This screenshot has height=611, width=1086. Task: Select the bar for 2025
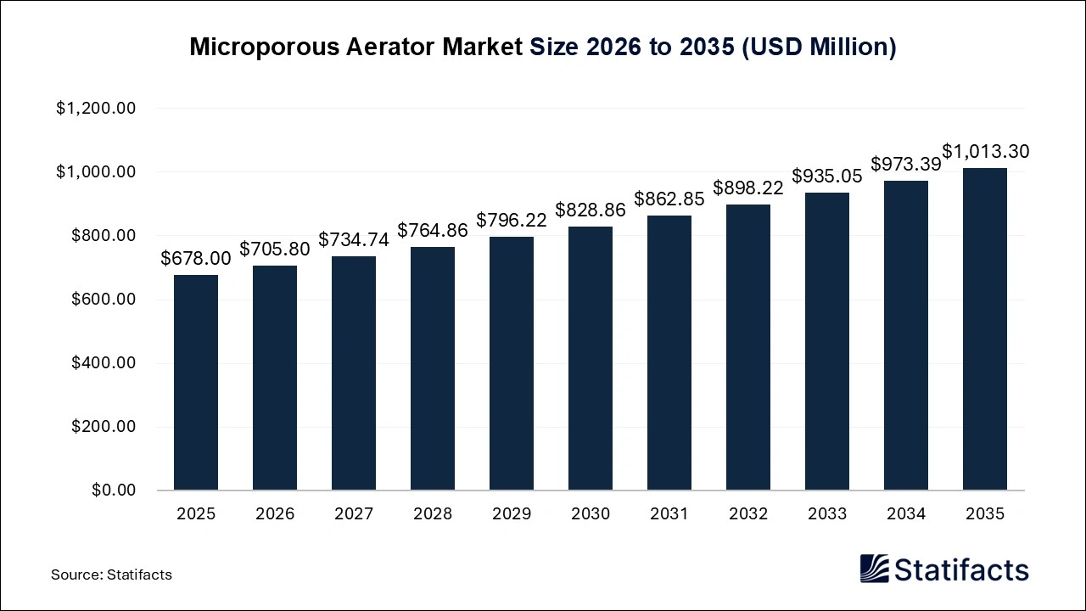[195, 382]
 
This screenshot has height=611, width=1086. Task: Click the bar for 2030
[590, 358]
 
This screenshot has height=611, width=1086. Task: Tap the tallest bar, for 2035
[984, 329]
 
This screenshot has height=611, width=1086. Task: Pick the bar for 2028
[432, 368]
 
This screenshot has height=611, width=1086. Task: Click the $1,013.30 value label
[985, 152]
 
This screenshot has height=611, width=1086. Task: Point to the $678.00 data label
[195, 258]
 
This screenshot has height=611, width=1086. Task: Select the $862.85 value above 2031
[669, 199]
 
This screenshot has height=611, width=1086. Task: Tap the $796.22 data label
[511, 221]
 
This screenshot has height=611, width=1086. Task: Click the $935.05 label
[826, 177]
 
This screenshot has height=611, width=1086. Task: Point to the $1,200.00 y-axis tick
[96, 109]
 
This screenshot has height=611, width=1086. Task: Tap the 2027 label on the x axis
[353, 514]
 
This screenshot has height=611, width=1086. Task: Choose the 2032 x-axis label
[747, 514]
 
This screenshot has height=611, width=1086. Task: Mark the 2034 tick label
[905, 514]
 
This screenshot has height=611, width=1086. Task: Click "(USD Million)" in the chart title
[819, 47]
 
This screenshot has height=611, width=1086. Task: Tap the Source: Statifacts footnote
[111, 575]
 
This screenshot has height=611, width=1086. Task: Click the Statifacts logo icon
[873, 569]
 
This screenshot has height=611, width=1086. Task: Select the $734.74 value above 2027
[353, 240]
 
